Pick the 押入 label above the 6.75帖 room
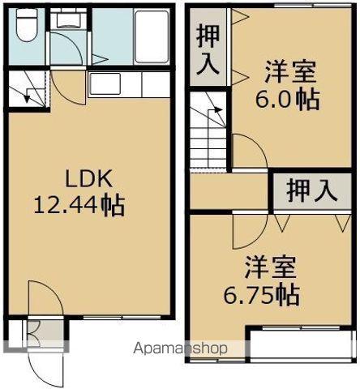(x=312, y=192)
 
